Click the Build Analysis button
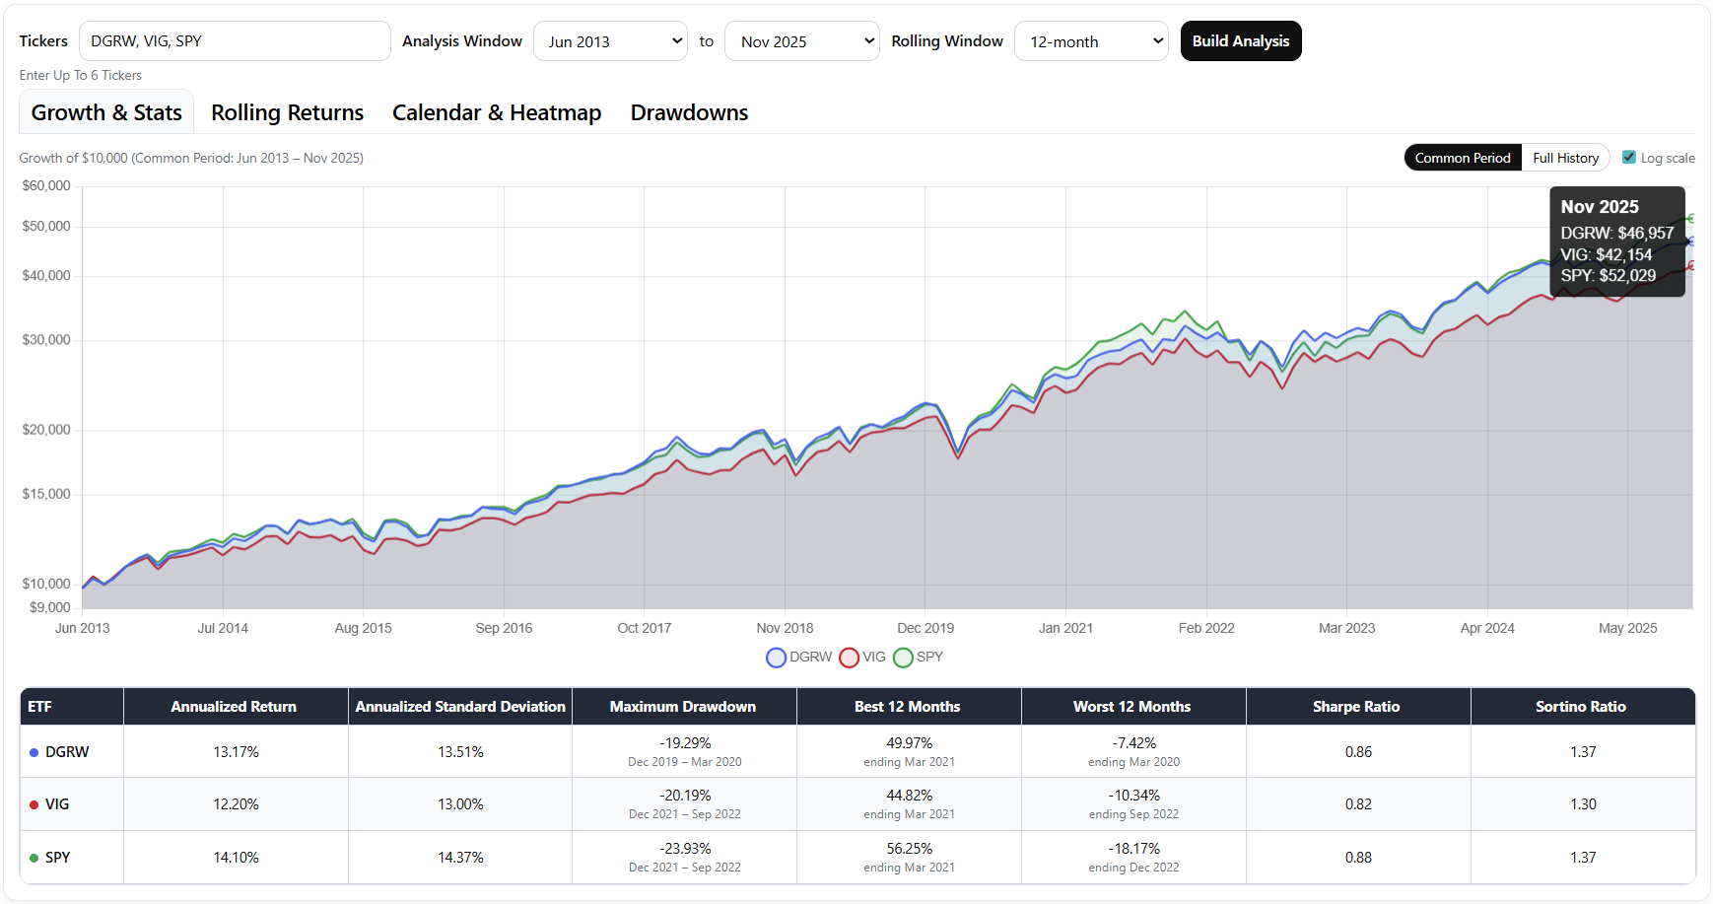click(1240, 41)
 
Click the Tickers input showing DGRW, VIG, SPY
click(235, 41)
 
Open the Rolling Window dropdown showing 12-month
click(1091, 41)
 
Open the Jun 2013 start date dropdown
click(610, 41)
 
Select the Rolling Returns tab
click(287, 112)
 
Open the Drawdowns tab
click(689, 112)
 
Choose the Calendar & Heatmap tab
click(497, 112)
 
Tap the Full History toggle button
click(1565, 158)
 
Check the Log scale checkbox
click(1629, 158)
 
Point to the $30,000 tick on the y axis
click(46, 340)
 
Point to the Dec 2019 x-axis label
click(925, 628)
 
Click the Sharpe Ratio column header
click(1356, 707)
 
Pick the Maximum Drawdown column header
click(683, 707)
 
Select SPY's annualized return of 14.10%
click(236, 858)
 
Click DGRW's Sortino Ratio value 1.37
click(1583, 752)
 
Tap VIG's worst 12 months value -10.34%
click(1133, 796)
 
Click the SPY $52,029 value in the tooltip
click(1608, 276)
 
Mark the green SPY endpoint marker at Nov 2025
click(1691, 219)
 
